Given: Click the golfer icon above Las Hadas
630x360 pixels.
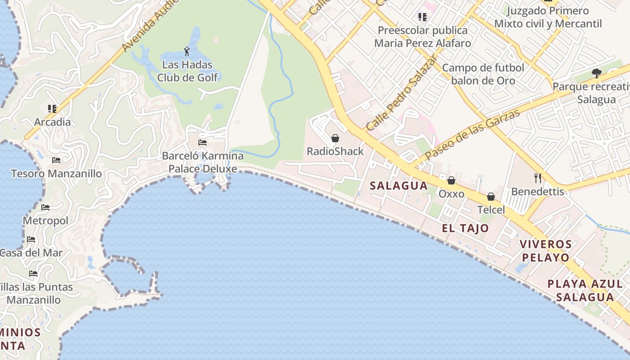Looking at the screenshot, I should pos(187,51).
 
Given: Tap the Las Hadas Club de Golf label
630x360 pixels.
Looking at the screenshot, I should pos(187,71).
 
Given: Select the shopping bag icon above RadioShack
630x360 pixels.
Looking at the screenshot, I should pos(335,138).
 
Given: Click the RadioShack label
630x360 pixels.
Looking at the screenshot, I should pos(335,151).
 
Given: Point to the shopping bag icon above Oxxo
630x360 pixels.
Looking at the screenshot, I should pos(451,180).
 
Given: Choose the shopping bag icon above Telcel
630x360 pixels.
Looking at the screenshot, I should pos(491,197).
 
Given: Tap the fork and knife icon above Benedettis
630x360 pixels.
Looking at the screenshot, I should pos(537,178).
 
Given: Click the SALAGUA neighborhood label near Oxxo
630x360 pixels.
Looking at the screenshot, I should pos(399,185).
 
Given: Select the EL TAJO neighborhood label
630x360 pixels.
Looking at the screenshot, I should pos(465,228).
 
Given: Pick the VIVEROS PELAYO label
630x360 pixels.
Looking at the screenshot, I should pos(545,251).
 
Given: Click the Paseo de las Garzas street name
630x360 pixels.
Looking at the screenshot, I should pos(472,134).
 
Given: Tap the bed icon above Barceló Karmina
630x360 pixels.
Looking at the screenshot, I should pos(202,143).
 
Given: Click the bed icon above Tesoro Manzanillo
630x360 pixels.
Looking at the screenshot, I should pos(56,160).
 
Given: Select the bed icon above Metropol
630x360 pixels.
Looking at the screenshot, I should pos(45,207).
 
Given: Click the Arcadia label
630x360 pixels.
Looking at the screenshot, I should pos(53,122).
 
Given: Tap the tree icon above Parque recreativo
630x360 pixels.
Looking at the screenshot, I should pos(596,73).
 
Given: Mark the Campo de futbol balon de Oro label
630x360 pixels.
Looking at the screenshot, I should pos(483,74).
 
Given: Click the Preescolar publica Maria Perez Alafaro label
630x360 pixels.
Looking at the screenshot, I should pos(423,37).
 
